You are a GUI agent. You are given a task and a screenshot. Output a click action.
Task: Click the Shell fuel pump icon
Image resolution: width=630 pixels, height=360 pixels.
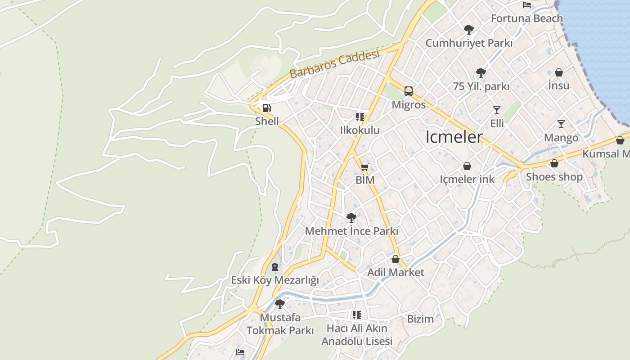(x=266, y=108)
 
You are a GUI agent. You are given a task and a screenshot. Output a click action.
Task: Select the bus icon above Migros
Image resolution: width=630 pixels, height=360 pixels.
(x=408, y=91)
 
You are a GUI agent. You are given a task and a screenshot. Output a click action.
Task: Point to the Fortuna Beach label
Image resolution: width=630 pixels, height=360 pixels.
(x=526, y=18)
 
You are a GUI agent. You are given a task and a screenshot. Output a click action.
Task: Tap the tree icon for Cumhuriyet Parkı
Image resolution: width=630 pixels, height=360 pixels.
(x=468, y=30)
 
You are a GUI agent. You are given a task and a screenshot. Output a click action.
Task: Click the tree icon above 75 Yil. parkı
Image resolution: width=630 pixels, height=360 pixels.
(x=481, y=72)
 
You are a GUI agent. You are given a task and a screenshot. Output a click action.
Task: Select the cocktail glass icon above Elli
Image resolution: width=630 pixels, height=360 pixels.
(x=496, y=110)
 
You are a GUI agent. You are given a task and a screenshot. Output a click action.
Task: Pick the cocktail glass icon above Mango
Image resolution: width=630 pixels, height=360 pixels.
(x=561, y=124)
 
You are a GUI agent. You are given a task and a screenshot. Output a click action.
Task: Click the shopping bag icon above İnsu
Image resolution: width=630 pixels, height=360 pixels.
(x=558, y=72)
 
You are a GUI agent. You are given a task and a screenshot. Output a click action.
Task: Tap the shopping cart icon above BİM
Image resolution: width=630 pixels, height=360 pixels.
(x=364, y=167)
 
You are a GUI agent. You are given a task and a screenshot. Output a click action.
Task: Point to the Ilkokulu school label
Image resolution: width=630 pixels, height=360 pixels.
(x=360, y=130)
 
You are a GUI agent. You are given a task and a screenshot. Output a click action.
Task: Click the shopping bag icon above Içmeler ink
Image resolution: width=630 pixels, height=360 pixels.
(x=467, y=166)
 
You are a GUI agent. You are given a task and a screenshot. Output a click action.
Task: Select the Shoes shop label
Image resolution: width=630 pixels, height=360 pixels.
(x=554, y=177)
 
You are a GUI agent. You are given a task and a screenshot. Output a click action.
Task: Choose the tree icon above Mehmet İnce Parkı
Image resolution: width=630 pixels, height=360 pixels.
(x=351, y=218)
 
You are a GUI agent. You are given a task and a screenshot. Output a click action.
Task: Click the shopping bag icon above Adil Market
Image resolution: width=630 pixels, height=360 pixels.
(x=395, y=259)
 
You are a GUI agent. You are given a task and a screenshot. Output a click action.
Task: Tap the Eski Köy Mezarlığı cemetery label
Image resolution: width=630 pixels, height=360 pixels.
(x=274, y=280)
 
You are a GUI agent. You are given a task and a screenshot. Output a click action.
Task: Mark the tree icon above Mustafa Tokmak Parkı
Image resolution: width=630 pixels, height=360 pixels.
(x=279, y=304)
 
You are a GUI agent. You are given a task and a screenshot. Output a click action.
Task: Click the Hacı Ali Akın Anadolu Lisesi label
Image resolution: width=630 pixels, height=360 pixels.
(x=356, y=335)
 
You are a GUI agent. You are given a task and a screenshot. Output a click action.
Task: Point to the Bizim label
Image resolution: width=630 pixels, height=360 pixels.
(x=420, y=319)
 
